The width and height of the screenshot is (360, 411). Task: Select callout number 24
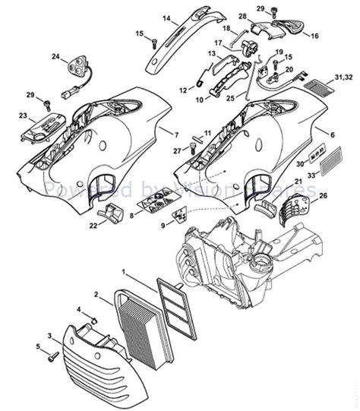(55, 57)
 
